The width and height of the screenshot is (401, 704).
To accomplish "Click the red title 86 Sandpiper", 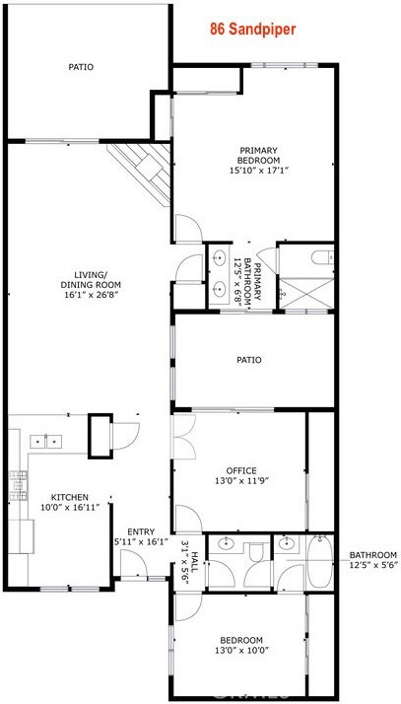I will pyautogui.click(x=253, y=31).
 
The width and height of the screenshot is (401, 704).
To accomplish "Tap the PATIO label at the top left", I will pyautogui.click(x=81, y=67).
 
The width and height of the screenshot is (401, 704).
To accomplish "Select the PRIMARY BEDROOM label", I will pyautogui.click(x=259, y=156).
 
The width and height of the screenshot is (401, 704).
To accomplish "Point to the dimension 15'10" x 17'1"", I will pyautogui.click(x=259, y=171).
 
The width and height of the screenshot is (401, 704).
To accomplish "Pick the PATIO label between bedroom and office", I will pyautogui.click(x=249, y=360).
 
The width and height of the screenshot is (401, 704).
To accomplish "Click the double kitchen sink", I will pyautogui.click(x=46, y=441).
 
